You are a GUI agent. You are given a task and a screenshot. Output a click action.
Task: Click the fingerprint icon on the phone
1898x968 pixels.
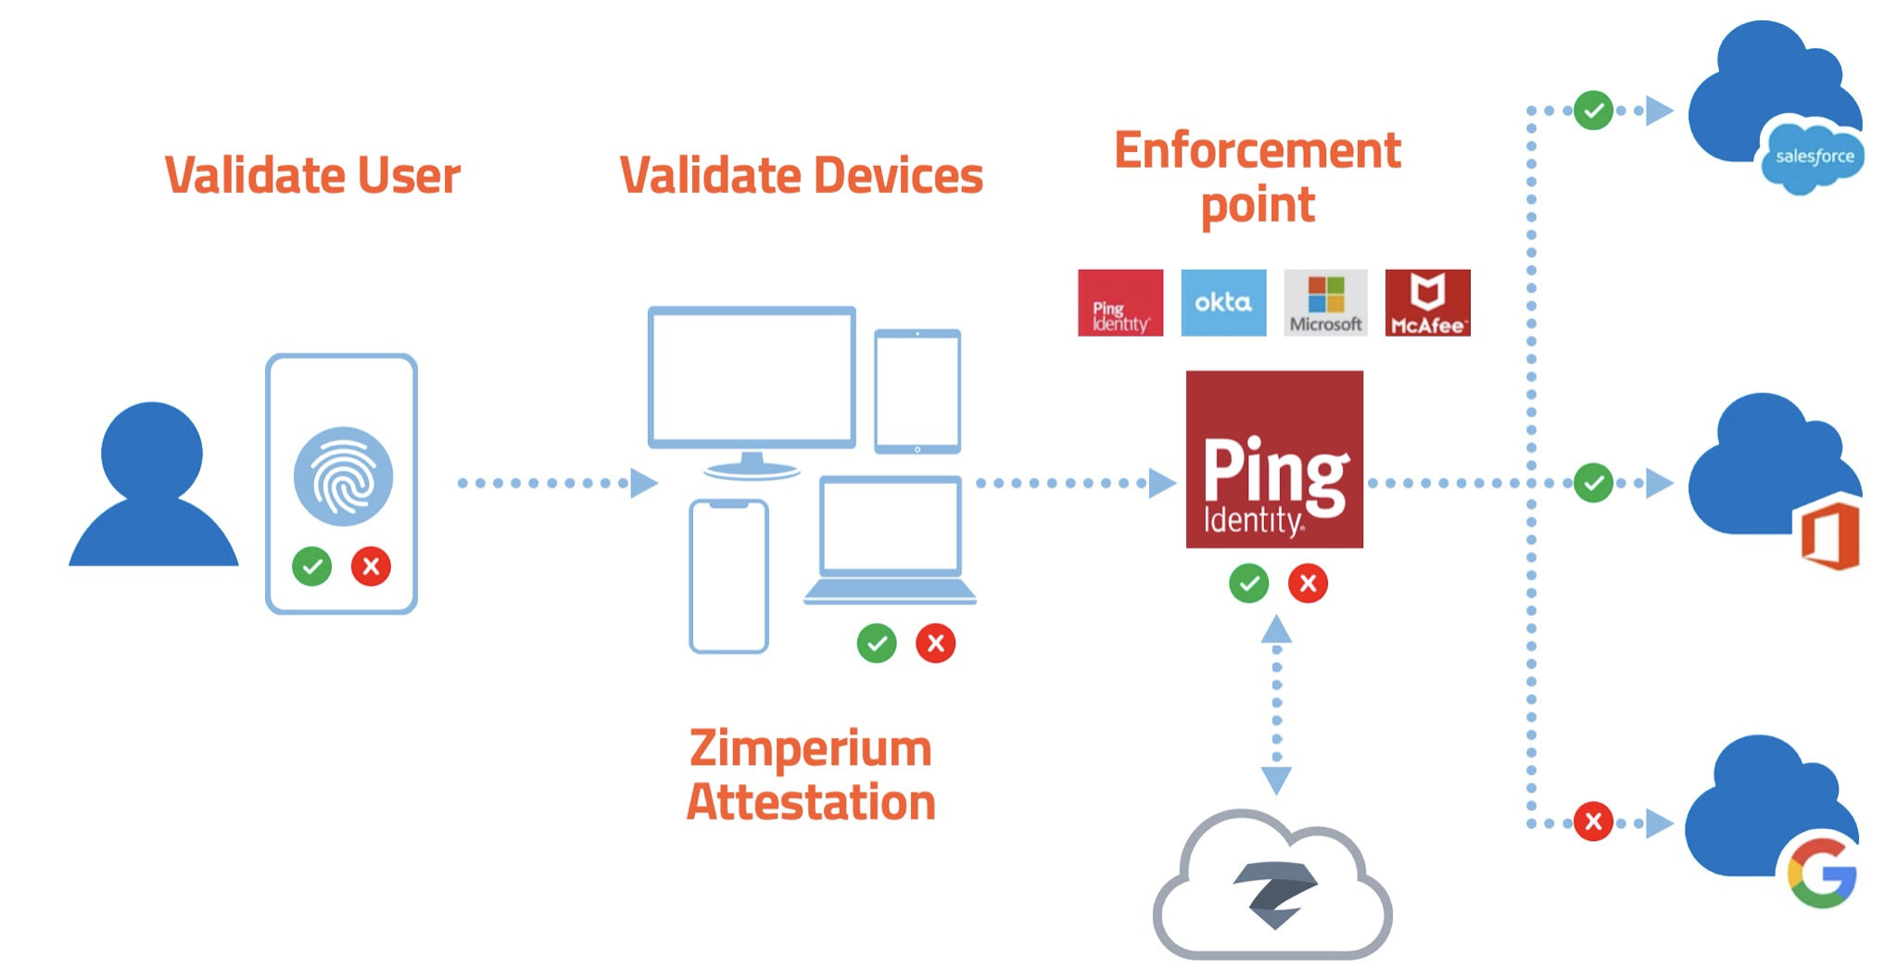coord(343,477)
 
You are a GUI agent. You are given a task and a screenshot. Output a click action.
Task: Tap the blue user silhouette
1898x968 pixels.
coord(153,487)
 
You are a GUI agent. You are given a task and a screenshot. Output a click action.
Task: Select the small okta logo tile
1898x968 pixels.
coord(1223,303)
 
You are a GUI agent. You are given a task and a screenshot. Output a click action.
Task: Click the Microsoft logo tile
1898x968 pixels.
coord(1325,303)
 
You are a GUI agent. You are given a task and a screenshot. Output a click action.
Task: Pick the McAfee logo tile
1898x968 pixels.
coord(1427,303)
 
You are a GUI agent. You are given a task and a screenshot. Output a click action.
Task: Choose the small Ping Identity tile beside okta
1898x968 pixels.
coord(1120,303)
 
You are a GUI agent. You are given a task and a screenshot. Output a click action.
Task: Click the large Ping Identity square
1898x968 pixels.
coord(1274,460)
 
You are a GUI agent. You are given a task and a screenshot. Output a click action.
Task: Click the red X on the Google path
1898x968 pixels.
coord(1593,822)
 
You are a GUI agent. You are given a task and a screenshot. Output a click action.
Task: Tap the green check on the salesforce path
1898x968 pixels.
coord(1593,111)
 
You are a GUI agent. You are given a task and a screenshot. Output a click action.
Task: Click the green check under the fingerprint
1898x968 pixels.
coord(312,566)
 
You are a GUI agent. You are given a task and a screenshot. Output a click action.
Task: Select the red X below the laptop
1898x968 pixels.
coord(936,643)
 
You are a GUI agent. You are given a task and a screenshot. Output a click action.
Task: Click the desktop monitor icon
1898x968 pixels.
coord(752,380)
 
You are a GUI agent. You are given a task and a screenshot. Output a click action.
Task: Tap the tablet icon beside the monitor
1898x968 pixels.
coord(917,391)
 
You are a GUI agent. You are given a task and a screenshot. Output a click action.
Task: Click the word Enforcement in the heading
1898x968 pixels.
coord(1257,151)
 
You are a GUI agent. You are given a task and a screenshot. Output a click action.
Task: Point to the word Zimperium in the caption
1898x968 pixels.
coord(810,748)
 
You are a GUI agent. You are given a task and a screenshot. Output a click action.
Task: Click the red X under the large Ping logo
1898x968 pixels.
coord(1308,583)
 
